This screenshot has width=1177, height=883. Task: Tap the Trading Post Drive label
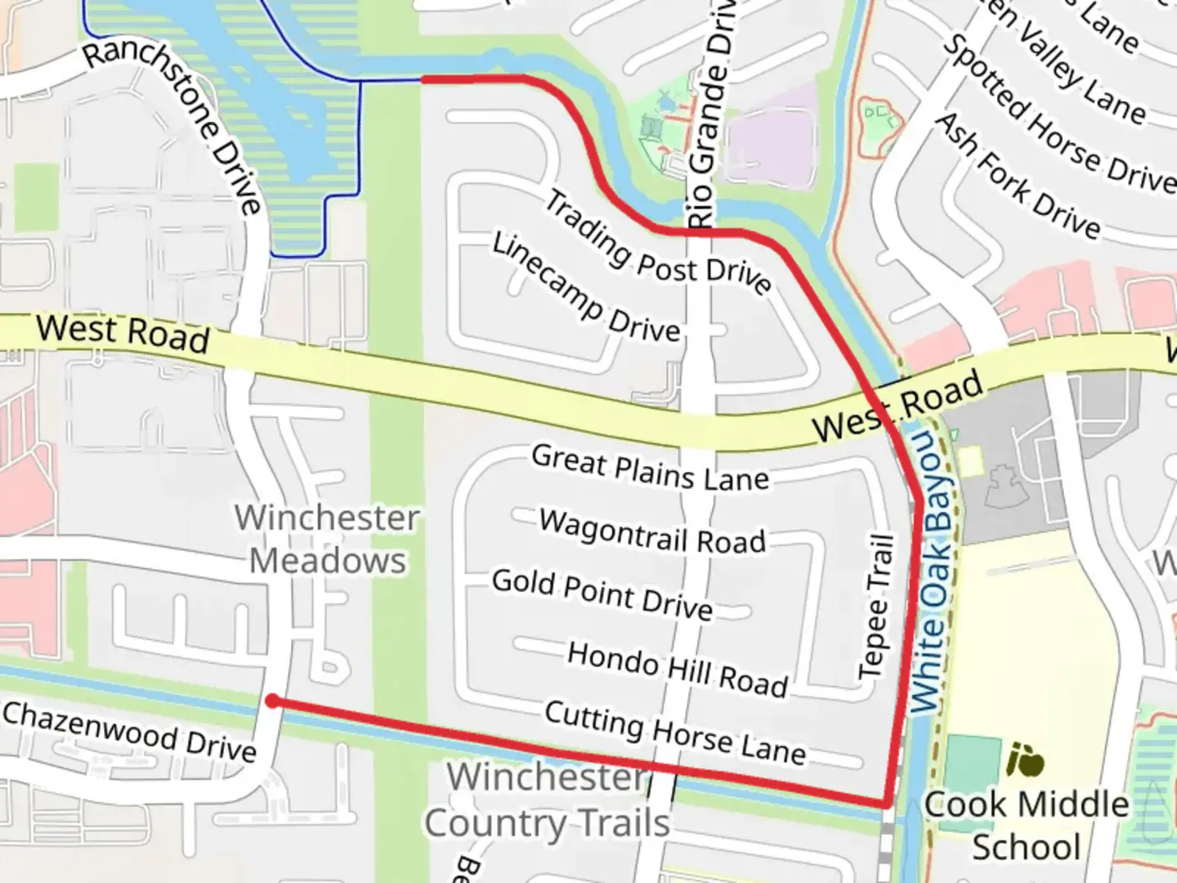tap(657, 242)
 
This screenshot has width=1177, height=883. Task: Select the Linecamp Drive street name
tap(585, 289)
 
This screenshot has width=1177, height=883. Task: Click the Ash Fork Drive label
tap(1018, 176)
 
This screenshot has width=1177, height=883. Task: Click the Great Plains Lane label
tap(650, 468)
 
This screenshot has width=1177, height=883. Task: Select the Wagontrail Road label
tap(652, 531)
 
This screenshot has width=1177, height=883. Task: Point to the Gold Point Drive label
tap(602, 594)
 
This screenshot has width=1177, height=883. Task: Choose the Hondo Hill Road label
tap(677, 668)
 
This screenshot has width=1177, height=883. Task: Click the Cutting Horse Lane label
tap(675, 732)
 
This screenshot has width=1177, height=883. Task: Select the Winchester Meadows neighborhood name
tap(327, 539)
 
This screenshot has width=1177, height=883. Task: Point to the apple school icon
tap(1025, 760)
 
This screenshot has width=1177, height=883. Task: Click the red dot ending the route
tap(272, 701)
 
